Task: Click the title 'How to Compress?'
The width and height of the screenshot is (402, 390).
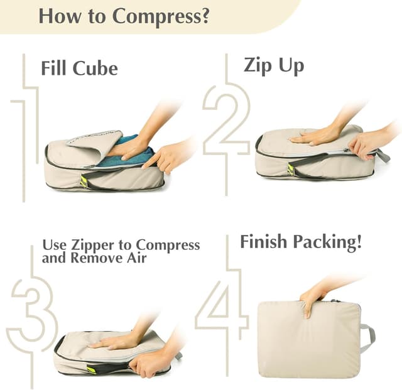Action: coord(123,15)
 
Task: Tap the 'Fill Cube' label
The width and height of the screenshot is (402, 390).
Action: coord(79,68)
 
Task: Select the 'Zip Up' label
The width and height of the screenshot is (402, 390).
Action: coord(273,65)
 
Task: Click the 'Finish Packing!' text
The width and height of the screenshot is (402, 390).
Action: coord(301,242)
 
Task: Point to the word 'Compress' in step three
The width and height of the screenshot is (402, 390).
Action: coord(168,245)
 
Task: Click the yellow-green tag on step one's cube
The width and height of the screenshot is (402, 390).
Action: coord(84,181)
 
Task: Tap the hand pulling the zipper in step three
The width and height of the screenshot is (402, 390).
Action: coord(151,362)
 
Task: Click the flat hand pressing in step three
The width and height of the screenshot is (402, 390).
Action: coord(113,340)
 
